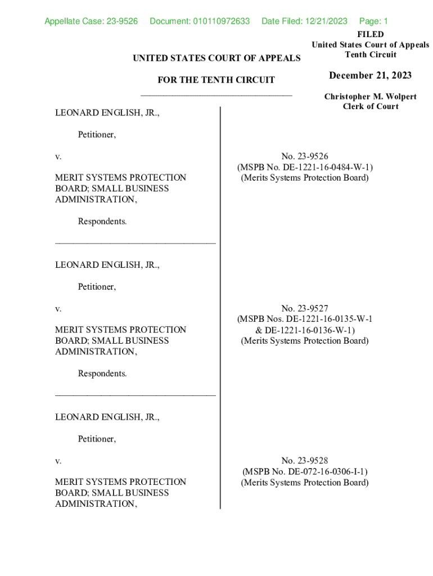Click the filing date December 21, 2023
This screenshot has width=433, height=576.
(x=370, y=75)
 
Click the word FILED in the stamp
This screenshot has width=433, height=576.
(x=370, y=34)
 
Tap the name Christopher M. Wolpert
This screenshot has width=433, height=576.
(x=370, y=97)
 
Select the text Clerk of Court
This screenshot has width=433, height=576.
(x=370, y=106)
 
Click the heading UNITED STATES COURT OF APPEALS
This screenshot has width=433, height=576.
(x=216, y=58)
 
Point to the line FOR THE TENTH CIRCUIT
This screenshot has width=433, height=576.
(x=216, y=80)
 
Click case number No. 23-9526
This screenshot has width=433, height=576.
(x=305, y=156)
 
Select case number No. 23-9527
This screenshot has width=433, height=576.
(x=305, y=308)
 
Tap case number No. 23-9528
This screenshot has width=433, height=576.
(x=305, y=460)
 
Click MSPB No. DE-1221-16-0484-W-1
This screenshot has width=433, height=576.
(x=305, y=167)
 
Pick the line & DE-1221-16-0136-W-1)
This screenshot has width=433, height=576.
(x=305, y=330)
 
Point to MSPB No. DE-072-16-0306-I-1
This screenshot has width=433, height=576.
(x=305, y=471)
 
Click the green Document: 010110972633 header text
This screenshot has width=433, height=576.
(x=200, y=21)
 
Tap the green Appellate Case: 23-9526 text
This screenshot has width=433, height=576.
(x=91, y=21)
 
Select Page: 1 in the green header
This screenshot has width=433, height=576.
(x=373, y=21)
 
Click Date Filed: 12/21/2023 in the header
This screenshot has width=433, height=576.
(x=304, y=21)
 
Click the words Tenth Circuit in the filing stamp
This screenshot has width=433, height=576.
(x=370, y=55)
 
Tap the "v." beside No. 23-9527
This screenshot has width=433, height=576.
(x=58, y=308)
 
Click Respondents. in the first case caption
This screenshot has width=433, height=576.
(x=102, y=221)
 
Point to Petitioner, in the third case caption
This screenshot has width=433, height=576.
(x=97, y=439)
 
